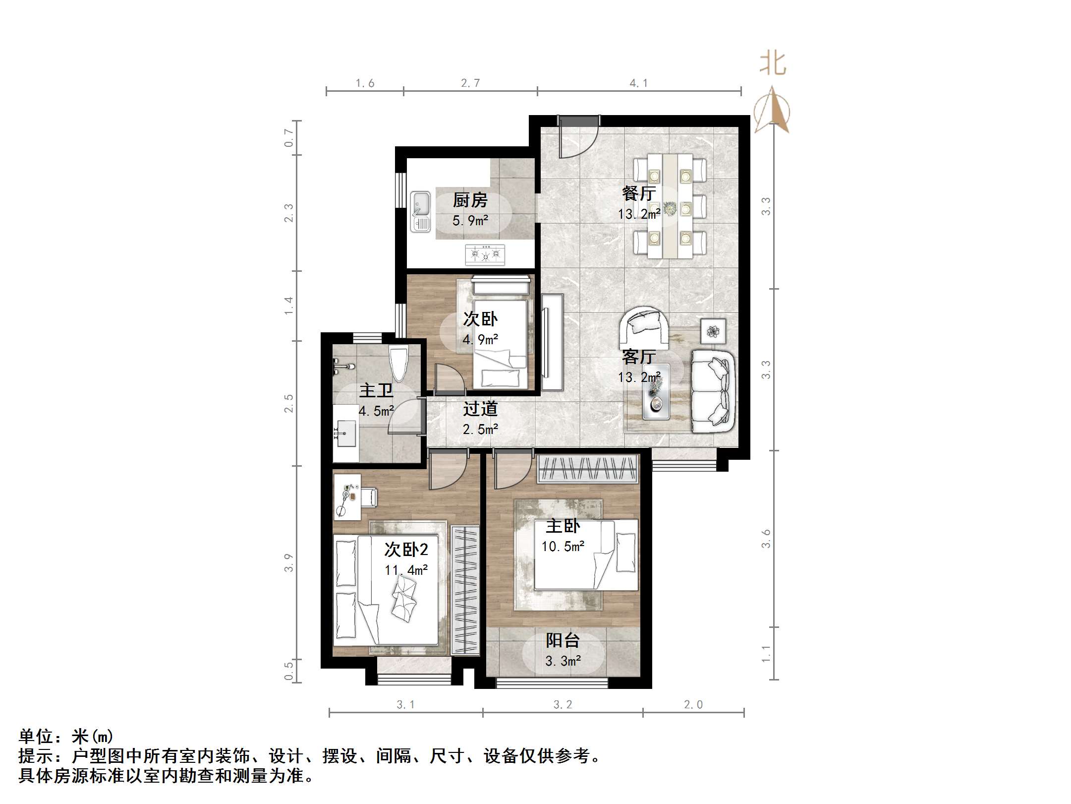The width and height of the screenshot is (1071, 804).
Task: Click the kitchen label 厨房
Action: point(470,200)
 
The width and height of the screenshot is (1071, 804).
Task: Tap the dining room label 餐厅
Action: point(639,193)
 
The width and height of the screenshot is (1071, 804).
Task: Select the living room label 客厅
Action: point(639,356)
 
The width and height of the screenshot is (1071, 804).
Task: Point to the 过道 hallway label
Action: point(480,409)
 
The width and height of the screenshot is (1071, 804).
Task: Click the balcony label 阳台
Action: point(563,640)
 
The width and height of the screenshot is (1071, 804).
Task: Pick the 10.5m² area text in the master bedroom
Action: point(563,547)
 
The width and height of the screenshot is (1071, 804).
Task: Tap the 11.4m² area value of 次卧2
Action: point(406,570)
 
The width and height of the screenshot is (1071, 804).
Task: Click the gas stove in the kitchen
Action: point(485,255)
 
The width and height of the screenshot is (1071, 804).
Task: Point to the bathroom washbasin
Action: point(345,433)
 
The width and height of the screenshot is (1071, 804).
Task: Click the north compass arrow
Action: point(772,109)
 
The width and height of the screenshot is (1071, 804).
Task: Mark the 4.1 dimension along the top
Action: point(638,83)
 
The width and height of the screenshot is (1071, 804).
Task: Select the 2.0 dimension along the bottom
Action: point(693,704)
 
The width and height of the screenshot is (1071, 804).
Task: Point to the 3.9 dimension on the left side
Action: point(289,563)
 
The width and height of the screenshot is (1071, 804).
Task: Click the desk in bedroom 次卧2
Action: point(347,496)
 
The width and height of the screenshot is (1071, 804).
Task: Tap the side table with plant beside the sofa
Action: point(713,331)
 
